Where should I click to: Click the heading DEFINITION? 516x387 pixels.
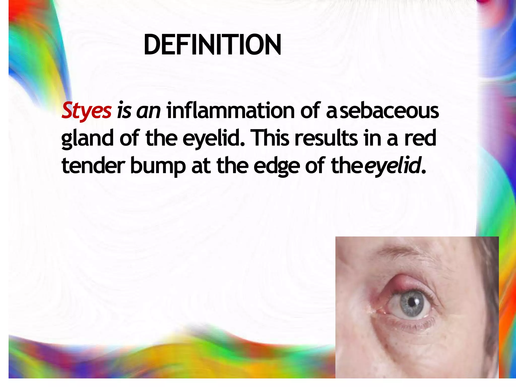click(x=212, y=45)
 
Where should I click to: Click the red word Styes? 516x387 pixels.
click(x=86, y=111)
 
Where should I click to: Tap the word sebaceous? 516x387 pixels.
click(x=389, y=111)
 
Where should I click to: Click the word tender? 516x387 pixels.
click(x=93, y=165)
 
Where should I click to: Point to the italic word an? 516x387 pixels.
click(x=148, y=111)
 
